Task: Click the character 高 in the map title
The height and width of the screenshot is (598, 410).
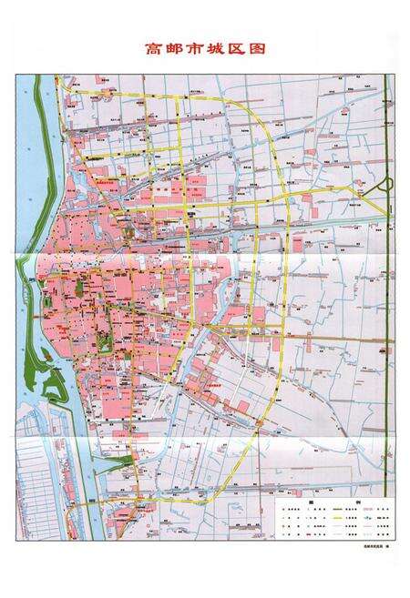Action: tap(154, 50)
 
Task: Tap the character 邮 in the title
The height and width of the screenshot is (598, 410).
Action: tap(176, 50)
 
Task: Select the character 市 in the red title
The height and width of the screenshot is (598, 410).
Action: tap(199, 50)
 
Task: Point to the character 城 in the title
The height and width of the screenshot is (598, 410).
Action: tap(221, 50)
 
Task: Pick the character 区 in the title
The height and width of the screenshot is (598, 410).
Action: tap(243, 50)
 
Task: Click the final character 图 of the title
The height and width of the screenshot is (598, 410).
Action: tap(265, 50)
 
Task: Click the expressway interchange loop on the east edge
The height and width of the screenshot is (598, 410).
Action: tap(386, 186)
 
